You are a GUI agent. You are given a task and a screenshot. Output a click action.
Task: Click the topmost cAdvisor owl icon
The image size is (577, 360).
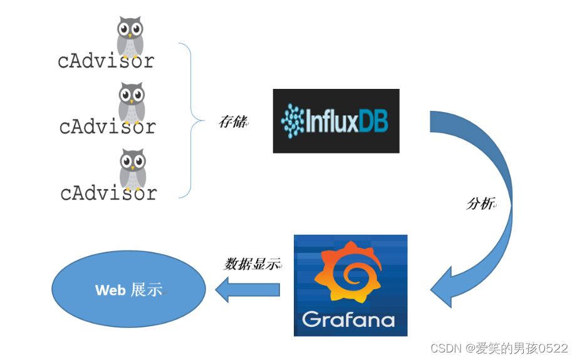pos(130,36)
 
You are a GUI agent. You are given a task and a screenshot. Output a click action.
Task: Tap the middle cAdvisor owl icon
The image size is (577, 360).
pos(132,101)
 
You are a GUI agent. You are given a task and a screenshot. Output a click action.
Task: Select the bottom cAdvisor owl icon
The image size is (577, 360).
pos(132,168)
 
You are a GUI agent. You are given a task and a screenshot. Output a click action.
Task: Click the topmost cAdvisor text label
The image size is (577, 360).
pos(106,61)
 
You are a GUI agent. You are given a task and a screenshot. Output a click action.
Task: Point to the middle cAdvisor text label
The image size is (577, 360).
pos(107,127)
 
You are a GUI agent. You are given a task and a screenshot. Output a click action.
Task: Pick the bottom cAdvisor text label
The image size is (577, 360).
pos(108,193)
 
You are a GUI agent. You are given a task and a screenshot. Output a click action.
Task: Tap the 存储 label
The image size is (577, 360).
pos(232,121)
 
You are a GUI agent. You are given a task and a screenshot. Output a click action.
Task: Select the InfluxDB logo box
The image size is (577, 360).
pos(336,121)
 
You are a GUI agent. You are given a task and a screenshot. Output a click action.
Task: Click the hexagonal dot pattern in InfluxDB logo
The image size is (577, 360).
pos(293,120)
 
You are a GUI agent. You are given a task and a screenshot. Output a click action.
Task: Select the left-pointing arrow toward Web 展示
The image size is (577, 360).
pos(247,289)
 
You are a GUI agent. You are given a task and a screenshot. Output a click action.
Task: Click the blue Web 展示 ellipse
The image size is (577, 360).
pos(128,290)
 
